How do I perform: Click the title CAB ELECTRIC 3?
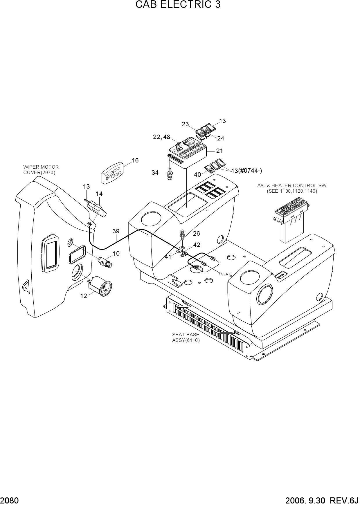point(178,5)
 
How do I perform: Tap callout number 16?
point(135,160)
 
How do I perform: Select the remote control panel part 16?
point(112,173)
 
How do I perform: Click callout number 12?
point(84,296)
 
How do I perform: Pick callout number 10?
point(116,253)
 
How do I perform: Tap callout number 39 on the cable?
point(116,231)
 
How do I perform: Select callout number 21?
point(219,151)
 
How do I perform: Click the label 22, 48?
point(161,137)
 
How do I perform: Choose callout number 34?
point(155,173)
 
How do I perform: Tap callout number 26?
point(197,233)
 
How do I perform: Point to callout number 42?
point(197,245)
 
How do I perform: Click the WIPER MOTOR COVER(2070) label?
point(41,170)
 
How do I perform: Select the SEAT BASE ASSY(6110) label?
point(186,337)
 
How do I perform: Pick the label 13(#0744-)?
point(246,171)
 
